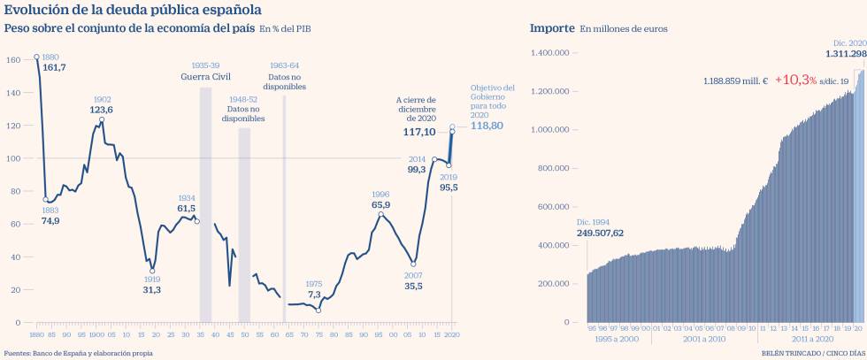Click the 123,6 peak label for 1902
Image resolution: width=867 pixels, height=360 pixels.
click(x=102, y=110)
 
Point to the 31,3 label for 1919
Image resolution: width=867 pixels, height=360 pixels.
click(x=151, y=290)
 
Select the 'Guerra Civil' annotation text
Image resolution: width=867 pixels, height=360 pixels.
click(x=205, y=77)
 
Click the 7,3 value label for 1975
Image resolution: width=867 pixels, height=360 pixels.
click(x=314, y=295)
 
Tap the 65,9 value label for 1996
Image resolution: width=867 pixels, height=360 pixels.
click(x=380, y=205)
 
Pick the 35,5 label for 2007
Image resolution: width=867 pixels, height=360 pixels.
click(x=413, y=286)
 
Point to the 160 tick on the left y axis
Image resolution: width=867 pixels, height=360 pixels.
click(x=13, y=60)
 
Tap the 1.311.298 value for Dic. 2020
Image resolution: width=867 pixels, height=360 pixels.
click(x=846, y=54)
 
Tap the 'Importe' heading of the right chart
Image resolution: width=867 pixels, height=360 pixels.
click(x=551, y=28)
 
